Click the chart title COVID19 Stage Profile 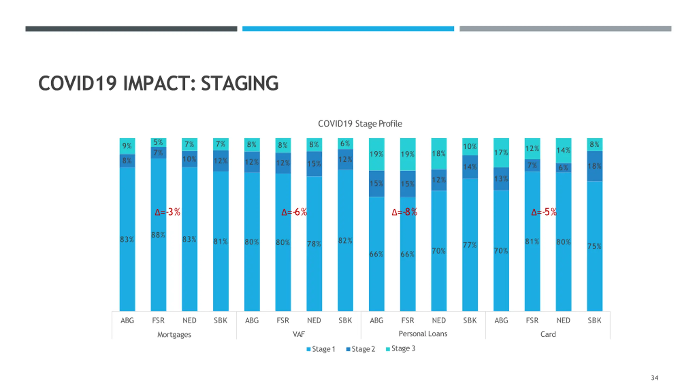point(360,124)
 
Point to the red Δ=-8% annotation point(404,212)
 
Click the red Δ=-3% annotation point(167,212)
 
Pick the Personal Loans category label point(423,334)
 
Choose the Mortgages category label point(174,334)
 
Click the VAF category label point(299,334)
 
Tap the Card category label point(548,334)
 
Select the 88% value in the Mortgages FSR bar point(158,235)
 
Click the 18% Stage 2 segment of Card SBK point(594,166)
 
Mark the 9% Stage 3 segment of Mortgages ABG point(127,146)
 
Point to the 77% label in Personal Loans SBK point(470,245)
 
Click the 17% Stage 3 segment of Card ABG point(501,152)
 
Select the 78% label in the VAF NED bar point(314,244)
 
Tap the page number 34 point(655,378)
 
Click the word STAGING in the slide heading point(240,83)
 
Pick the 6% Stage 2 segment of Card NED point(563,168)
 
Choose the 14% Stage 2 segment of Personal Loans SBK point(470,167)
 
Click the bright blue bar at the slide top point(348,29)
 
